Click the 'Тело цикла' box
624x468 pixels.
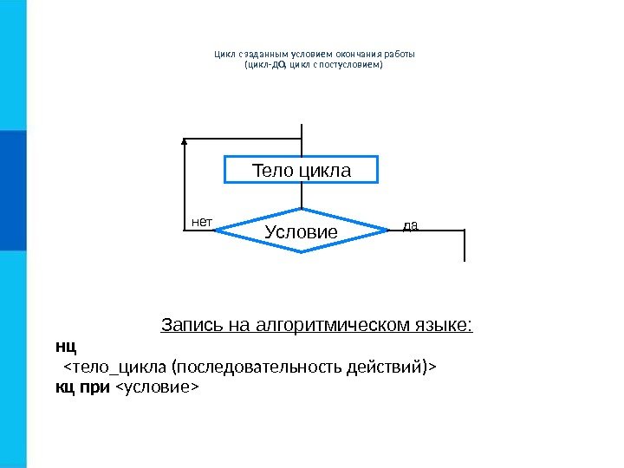click(302, 170)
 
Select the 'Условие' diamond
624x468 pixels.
click(301, 231)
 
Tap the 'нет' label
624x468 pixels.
click(201, 222)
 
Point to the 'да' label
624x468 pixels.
click(411, 224)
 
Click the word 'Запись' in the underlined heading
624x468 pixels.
click(185, 326)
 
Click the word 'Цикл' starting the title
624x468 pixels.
click(224, 52)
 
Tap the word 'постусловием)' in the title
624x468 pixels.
click(354, 64)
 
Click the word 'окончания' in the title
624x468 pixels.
click(354, 52)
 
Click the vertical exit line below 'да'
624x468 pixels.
click(465, 245)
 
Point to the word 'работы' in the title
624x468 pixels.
click(400, 52)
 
